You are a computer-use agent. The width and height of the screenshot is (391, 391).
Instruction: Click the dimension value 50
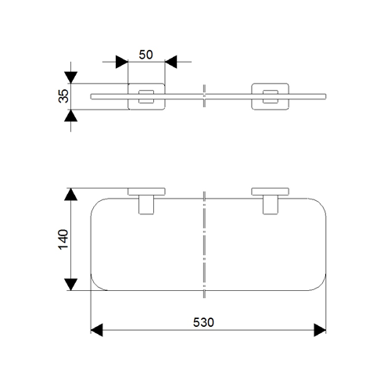coord(145,55)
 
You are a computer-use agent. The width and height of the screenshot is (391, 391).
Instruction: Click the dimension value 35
coord(63,96)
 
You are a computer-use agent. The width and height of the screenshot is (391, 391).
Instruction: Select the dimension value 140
coord(63,239)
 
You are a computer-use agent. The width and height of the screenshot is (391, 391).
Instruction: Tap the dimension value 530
coord(203,322)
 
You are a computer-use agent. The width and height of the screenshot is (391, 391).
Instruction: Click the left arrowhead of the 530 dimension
coord(96,330)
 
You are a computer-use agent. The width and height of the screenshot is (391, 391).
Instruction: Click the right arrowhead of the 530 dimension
coord(320,330)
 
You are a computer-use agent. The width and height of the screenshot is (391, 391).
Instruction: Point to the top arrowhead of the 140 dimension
coord(71,194)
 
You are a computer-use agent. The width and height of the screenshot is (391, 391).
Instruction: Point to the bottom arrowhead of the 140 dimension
coord(71,285)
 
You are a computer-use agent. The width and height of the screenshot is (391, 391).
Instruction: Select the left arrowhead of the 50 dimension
coord(122,62)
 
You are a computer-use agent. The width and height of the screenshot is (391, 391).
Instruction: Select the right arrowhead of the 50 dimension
coord(171,62)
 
